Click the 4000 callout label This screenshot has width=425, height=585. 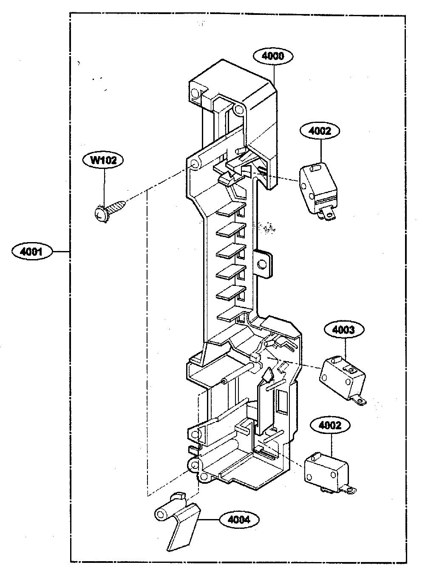click(273, 56)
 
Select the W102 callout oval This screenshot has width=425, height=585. click(103, 160)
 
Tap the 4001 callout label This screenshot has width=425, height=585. click(32, 251)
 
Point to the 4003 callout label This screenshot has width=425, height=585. click(343, 330)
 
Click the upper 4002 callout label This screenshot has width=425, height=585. click(320, 131)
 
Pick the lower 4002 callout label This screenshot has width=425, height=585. click(330, 425)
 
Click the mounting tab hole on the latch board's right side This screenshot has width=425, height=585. click(261, 265)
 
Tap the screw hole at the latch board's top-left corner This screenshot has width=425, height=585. click(195, 92)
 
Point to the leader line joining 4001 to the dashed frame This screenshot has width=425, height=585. click(61, 251)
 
